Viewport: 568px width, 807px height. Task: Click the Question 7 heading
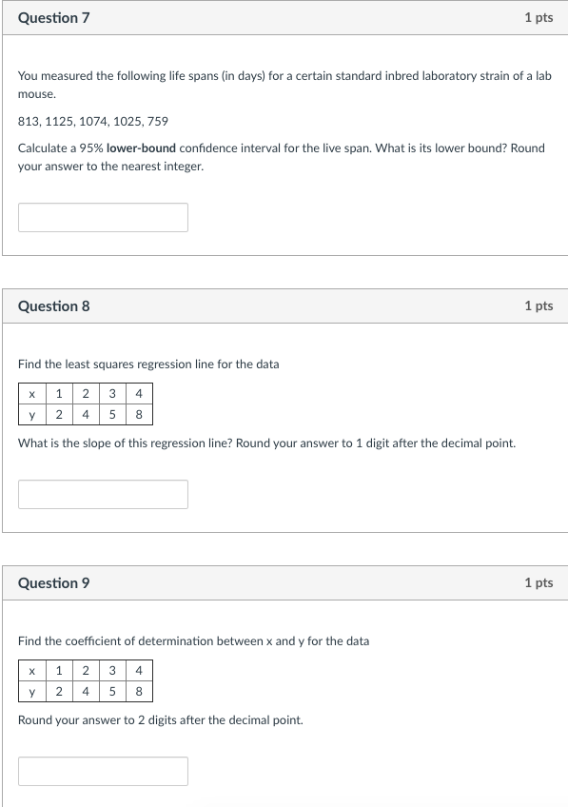(53, 18)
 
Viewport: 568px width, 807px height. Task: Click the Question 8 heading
(53, 306)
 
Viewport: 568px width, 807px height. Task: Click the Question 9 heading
(53, 583)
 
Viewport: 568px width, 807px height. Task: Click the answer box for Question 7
(103, 217)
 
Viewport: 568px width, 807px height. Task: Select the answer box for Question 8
(103, 494)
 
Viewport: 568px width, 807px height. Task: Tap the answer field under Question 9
(103, 771)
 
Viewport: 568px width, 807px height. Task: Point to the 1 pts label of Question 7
(538, 18)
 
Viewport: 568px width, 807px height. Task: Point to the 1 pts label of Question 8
(538, 306)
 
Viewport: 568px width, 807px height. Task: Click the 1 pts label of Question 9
(538, 583)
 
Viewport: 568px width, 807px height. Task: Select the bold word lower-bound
(141, 148)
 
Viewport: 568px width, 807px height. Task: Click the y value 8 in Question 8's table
(139, 415)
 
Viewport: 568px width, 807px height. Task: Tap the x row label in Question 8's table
(32, 393)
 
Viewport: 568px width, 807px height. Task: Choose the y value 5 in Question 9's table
(112, 692)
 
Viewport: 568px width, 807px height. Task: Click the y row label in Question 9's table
(32, 692)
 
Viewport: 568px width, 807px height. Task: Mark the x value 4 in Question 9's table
(139, 670)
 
